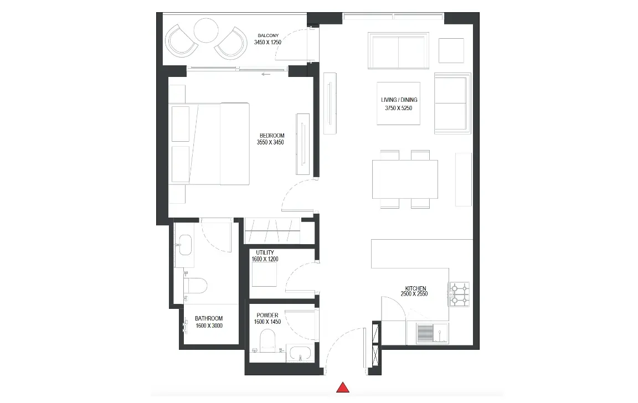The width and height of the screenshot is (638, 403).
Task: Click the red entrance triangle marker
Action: (x=343, y=387)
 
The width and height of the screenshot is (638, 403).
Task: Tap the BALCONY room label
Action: (x=268, y=36)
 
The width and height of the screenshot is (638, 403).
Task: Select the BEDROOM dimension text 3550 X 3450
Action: (x=270, y=142)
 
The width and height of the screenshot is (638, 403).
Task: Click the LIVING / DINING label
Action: (x=399, y=100)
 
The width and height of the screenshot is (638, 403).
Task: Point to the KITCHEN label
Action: (x=415, y=288)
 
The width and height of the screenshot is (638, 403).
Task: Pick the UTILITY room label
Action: (x=265, y=252)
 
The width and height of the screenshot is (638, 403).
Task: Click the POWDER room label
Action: (x=267, y=315)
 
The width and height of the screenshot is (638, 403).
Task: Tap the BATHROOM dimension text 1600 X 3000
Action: (x=209, y=325)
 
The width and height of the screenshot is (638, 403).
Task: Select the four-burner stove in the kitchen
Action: (x=459, y=294)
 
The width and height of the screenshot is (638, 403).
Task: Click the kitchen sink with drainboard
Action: (x=432, y=333)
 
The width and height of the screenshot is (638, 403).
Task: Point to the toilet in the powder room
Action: (x=267, y=341)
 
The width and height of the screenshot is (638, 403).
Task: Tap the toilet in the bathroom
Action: (x=195, y=285)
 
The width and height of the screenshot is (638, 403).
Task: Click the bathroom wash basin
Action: (x=186, y=245)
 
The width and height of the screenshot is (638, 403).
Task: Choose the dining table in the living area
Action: (x=405, y=179)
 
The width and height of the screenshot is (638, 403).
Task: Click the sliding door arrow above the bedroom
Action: (x=266, y=74)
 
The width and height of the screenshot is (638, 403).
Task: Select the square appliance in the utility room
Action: (x=265, y=275)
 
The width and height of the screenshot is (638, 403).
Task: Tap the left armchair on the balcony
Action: (x=182, y=40)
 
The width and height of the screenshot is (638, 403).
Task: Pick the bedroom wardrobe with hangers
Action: (x=272, y=231)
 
